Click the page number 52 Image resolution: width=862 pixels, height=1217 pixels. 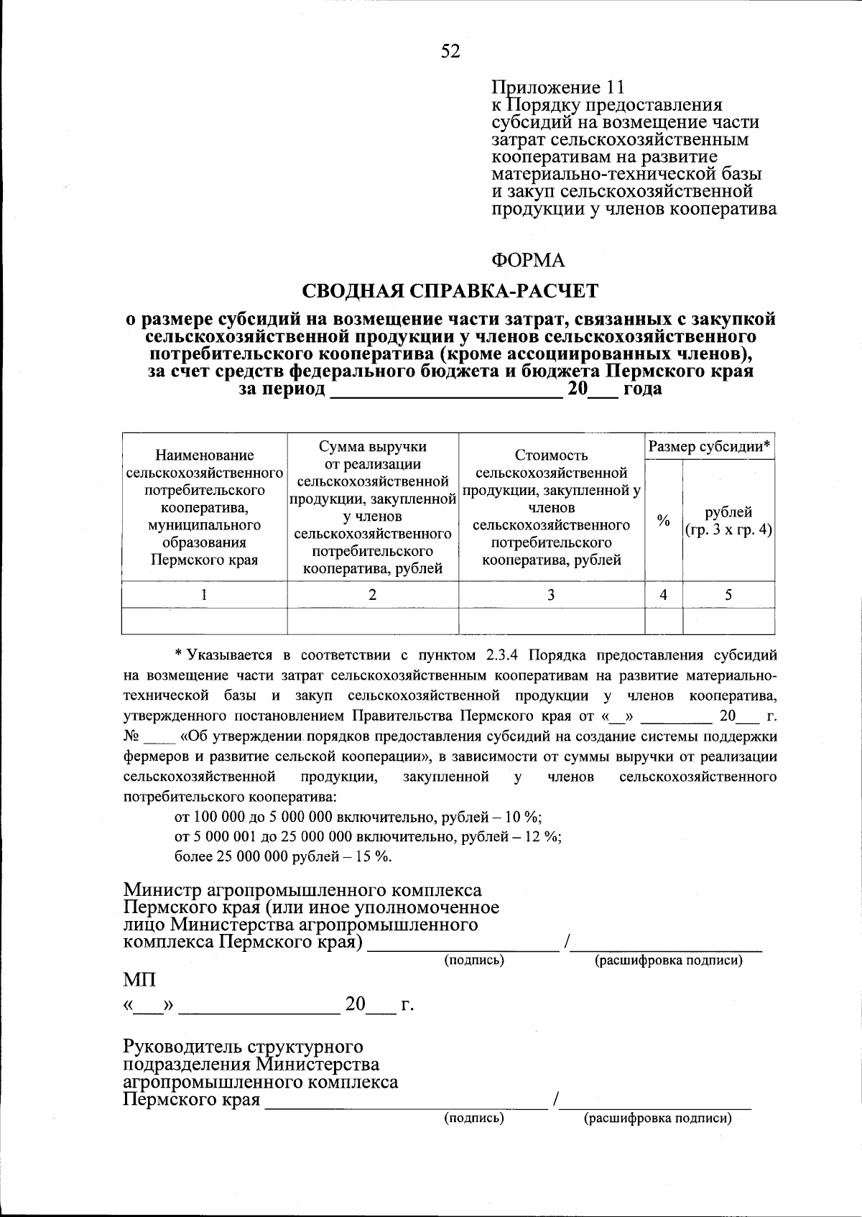pos(450,51)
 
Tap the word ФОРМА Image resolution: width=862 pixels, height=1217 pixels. pos(528,260)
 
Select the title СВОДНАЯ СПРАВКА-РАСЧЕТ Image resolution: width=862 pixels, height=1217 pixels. pos(450,291)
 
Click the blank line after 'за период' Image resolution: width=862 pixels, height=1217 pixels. pos(445,390)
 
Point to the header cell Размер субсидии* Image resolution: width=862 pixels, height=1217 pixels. pos(710,447)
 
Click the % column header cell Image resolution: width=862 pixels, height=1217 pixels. pos(664,520)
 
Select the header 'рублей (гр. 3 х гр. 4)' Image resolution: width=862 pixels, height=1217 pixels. pos(728,521)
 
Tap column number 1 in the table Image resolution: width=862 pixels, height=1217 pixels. pos(205,595)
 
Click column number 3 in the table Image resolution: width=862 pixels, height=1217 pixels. pos(551,595)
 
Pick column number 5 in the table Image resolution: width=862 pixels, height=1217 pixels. pos(728,595)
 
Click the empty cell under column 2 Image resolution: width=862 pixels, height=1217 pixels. pos(372,621)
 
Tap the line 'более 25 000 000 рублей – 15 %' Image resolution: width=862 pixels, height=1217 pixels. pos(283,856)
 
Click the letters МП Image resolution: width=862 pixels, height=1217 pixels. pos(139,980)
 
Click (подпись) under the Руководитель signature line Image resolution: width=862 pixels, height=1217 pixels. pos(474,1118)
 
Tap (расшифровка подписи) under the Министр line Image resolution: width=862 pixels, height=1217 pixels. pos(668,961)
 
